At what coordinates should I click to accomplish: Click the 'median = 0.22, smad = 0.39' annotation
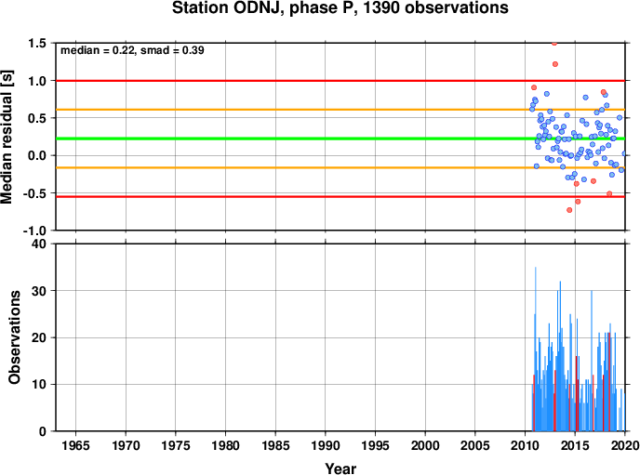pyautogui.click(x=132, y=50)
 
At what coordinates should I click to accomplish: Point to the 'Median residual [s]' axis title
pyautogui.click(x=7, y=137)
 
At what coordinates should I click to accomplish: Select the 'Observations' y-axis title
pyautogui.click(x=14, y=337)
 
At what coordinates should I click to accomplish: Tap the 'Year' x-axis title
pyautogui.click(x=340, y=468)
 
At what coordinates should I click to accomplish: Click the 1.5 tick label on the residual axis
pyautogui.click(x=36, y=43)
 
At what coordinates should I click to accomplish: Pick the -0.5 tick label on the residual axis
pyautogui.click(x=33, y=193)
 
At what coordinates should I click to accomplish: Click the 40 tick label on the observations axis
pyautogui.click(x=39, y=244)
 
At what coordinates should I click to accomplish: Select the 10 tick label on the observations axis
pyautogui.click(x=39, y=385)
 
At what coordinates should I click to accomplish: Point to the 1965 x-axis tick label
pyautogui.click(x=75, y=445)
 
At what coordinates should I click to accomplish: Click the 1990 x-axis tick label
pyautogui.click(x=326, y=445)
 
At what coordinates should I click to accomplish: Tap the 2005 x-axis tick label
pyautogui.click(x=475, y=445)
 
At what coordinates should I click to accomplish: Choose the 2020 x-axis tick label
pyautogui.click(x=625, y=445)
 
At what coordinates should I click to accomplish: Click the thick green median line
pyautogui.click(x=340, y=139)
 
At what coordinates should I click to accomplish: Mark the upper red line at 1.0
pyautogui.click(x=340, y=81)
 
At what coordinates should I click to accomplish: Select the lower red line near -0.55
pyautogui.click(x=340, y=197)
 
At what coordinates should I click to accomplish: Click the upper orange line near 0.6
pyautogui.click(x=340, y=110)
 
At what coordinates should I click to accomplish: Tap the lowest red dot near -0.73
pyautogui.click(x=569, y=210)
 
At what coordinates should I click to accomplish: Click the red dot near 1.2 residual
pyautogui.click(x=555, y=64)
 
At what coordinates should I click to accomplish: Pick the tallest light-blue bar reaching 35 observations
pyautogui.click(x=536, y=349)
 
